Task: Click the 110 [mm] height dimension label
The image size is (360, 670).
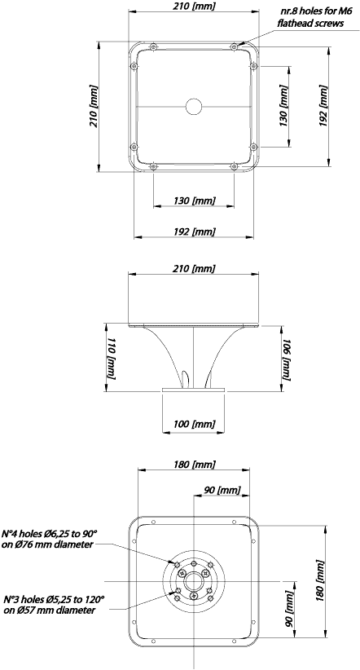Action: click(x=111, y=358)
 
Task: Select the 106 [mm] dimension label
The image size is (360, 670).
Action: click(x=287, y=359)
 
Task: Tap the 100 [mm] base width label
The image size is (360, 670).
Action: click(x=195, y=425)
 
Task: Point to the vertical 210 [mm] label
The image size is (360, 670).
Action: click(x=93, y=106)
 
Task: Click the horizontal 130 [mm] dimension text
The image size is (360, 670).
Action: click(x=195, y=200)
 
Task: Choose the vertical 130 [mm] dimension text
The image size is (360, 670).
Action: click(x=283, y=106)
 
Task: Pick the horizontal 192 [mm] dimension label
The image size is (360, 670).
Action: click(x=195, y=231)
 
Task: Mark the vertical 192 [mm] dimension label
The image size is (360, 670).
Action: click(x=323, y=106)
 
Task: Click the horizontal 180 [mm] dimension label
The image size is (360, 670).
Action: click(x=195, y=464)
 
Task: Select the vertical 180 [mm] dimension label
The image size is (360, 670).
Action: click(x=319, y=580)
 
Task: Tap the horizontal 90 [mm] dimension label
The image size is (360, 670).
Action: click(x=222, y=490)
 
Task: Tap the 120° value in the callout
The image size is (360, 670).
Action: click(x=94, y=599)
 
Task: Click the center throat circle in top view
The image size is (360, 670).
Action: click(x=194, y=106)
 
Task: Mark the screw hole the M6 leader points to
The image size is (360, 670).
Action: click(x=234, y=46)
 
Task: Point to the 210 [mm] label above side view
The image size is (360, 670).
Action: click(x=195, y=268)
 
